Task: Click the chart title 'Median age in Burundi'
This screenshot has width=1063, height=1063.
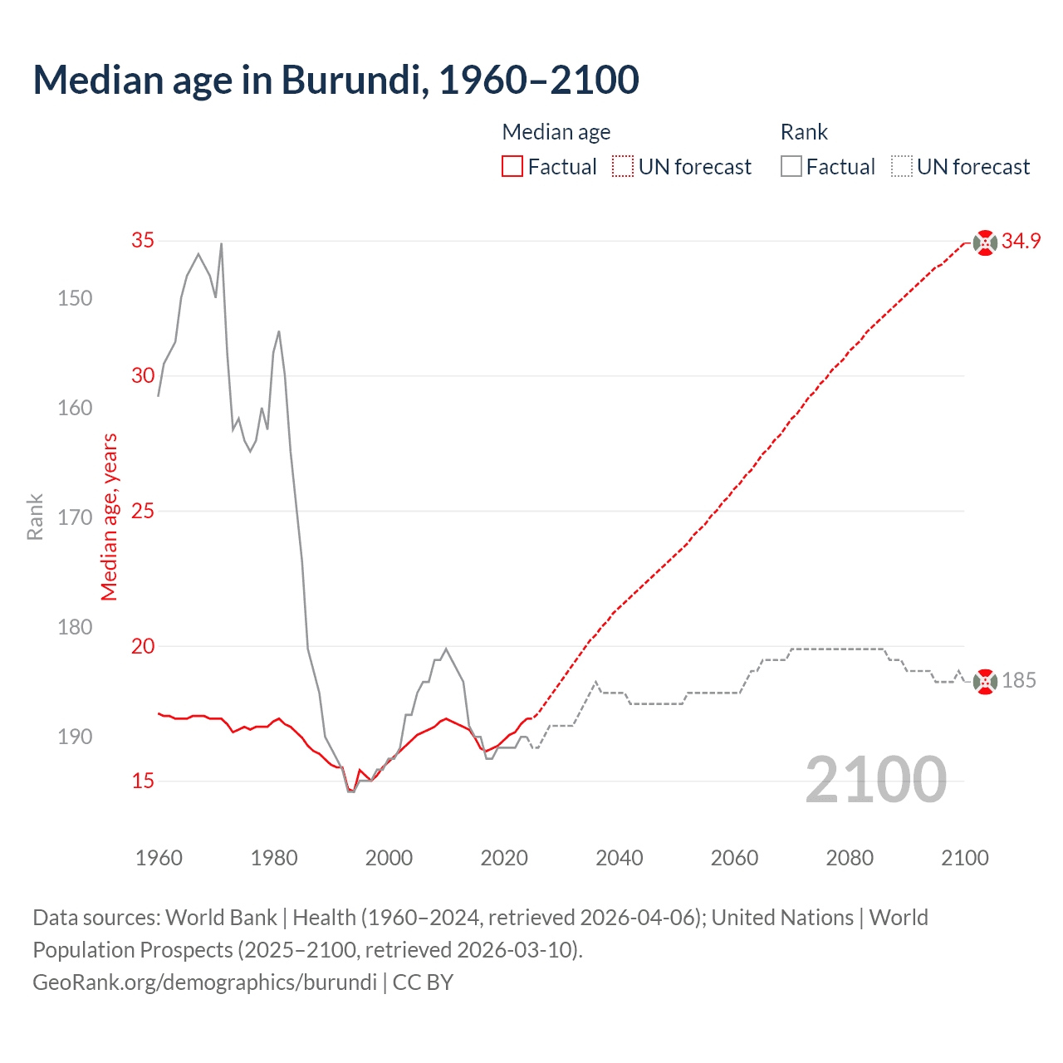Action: coord(336,81)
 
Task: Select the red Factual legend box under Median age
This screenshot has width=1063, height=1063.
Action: coord(512,167)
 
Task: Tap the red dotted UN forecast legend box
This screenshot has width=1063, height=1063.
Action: coord(623,167)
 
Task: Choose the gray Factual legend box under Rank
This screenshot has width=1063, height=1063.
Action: coord(791,167)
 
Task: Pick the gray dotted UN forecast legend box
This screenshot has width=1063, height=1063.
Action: coord(902,167)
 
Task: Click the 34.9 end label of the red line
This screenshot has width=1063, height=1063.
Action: coord(1021,242)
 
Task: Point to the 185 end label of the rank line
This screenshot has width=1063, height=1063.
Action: coord(1019,681)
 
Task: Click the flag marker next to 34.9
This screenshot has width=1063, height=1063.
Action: coord(985,242)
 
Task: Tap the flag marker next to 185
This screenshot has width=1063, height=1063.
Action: coord(985,682)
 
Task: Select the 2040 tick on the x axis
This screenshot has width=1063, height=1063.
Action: coord(620,858)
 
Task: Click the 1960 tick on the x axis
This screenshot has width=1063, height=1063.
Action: coord(159,858)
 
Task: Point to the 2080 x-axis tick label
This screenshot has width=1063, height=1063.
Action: coord(850,858)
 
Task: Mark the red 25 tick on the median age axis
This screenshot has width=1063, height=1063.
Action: coord(143,512)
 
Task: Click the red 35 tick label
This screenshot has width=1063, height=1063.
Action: coord(143,241)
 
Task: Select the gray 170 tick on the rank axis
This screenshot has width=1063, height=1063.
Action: coord(75,517)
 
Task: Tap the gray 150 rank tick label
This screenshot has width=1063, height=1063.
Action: coord(75,298)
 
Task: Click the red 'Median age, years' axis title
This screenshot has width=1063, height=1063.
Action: coord(110,517)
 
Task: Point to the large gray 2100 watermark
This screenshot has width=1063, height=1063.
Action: coord(876,780)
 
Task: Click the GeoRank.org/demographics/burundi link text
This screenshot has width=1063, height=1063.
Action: coord(204,982)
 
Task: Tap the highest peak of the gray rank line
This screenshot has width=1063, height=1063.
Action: coord(221,244)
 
